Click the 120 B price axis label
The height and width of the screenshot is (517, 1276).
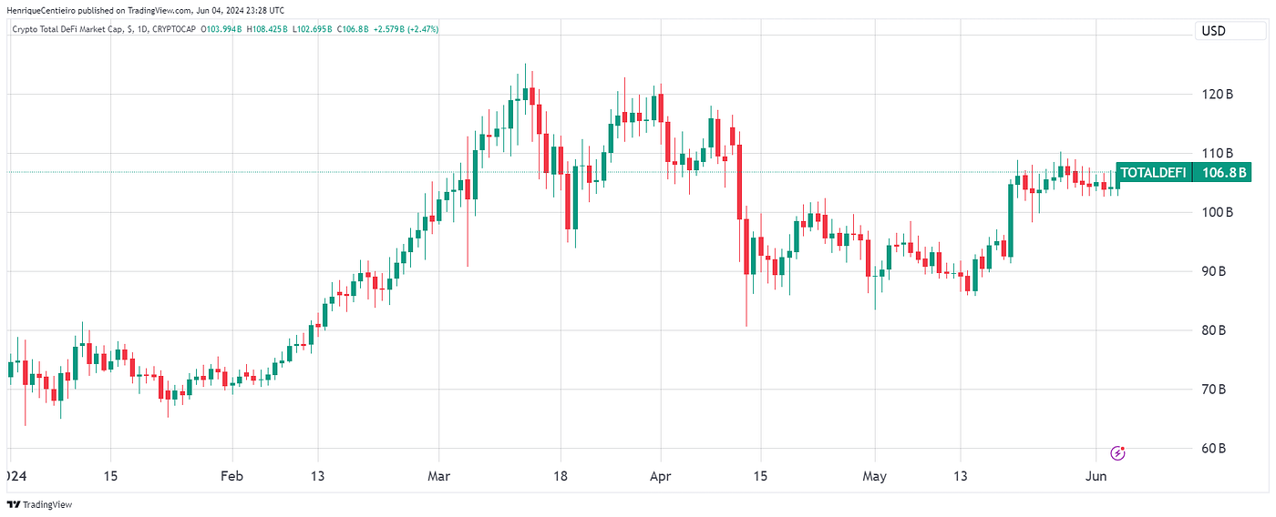[x=1218, y=95]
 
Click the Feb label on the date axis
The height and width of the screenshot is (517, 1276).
[x=232, y=476]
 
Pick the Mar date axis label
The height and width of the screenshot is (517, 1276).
[x=439, y=476]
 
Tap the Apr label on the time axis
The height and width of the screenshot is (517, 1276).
[x=659, y=476]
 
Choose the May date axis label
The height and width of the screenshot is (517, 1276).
[x=875, y=476]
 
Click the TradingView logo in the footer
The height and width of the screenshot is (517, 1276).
[x=39, y=504]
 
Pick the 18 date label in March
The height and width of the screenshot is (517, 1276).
[x=560, y=476]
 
